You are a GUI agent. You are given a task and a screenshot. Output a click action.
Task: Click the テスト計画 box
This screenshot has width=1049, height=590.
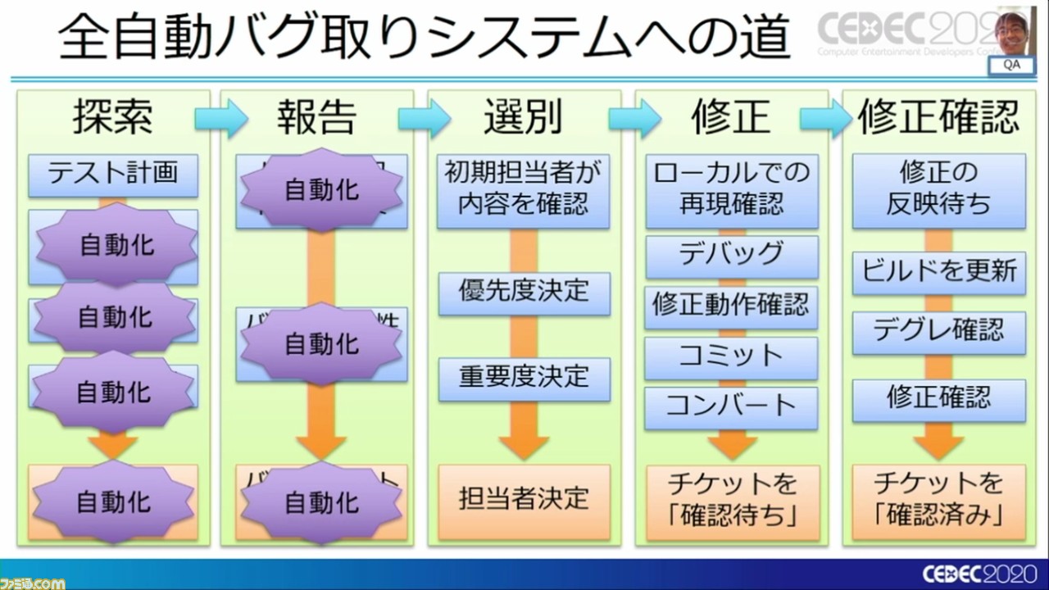point(113,175)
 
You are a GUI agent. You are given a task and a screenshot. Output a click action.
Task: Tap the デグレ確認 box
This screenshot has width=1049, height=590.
point(938,331)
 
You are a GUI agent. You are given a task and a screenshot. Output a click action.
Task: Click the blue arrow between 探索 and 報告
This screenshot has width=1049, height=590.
point(220,120)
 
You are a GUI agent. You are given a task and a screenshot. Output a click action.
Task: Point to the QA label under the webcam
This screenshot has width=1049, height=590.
point(1012,66)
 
